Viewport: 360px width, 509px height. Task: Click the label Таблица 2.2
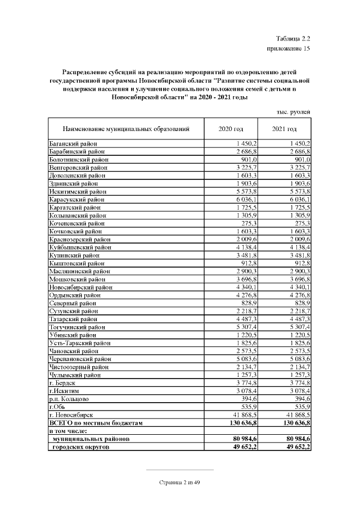tap(294, 39)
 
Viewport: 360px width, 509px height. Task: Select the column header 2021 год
tap(284, 129)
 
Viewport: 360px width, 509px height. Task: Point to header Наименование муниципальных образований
tap(125, 129)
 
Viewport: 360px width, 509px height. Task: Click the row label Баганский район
tap(73, 145)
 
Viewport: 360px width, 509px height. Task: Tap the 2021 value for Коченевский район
tap(303, 223)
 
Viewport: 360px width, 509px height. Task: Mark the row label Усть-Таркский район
tap(80, 343)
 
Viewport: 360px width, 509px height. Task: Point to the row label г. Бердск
tap(62, 382)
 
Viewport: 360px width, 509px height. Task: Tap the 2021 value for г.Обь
tap(303, 406)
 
